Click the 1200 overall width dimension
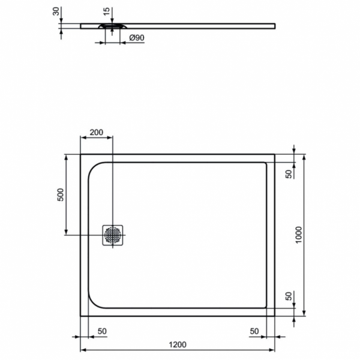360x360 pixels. pyautogui.click(x=178, y=344)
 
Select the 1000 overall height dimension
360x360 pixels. pyautogui.click(x=298, y=234)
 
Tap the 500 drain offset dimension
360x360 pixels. pyautogui.click(x=60, y=194)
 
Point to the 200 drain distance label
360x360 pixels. pyautogui.click(x=96, y=132)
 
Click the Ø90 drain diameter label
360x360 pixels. pyautogui.click(x=137, y=38)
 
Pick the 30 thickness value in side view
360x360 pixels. pyautogui.click(x=56, y=11)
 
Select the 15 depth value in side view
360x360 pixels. pyautogui.click(x=106, y=11)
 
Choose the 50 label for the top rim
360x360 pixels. pyautogui.click(x=288, y=174)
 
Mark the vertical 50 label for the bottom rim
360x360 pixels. pyautogui.click(x=288, y=296)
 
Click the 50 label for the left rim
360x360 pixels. pyautogui.click(x=102, y=331)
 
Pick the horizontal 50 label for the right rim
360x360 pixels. pyautogui.click(x=254, y=331)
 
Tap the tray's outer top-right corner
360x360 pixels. pyautogui.click(x=275, y=154)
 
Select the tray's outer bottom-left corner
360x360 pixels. pyautogui.click(x=80, y=316)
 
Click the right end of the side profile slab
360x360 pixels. pyautogui.click(x=275, y=25)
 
